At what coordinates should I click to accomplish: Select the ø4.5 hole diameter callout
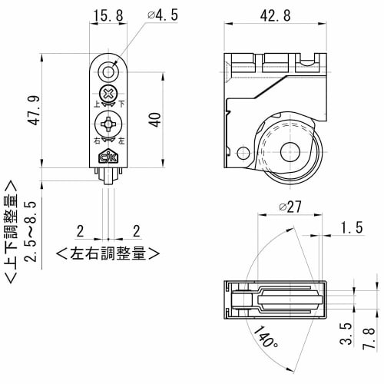tap(161, 15)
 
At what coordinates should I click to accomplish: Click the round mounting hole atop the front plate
tap(109, 73)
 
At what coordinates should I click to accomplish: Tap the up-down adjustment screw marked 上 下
tap(109, 97)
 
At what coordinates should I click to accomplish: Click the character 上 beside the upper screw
tap(96, 104)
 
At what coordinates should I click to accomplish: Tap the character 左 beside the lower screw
tap(123, 140)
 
